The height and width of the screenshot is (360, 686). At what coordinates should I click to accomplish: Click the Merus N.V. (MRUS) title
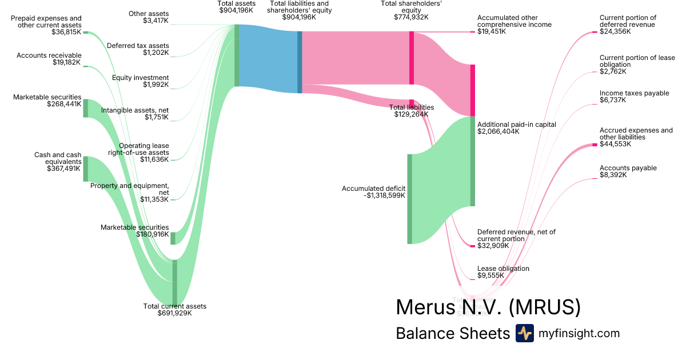[488, 307]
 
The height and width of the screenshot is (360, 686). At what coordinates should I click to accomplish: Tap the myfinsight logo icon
[524, 333]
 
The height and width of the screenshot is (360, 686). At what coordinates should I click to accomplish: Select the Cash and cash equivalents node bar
[86, 169]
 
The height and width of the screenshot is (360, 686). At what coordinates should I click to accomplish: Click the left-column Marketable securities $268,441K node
[86, 108]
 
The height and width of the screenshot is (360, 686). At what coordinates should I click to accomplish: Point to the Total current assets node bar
[175, 282]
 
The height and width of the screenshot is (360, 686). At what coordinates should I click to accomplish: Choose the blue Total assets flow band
[268, 59]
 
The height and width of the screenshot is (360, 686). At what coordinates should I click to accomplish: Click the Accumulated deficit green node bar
[409, 199]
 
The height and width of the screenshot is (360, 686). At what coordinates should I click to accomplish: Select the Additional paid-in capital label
[508, 125]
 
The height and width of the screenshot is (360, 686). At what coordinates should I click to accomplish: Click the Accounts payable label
[628, 168]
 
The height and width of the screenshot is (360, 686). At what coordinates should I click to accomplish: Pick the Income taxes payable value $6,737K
[613, 100]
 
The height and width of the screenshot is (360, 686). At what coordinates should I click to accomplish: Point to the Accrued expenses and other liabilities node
[595, 145]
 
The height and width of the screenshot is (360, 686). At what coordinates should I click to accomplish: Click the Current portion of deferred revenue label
[628, 21]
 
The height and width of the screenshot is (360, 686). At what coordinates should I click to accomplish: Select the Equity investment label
[140, 78]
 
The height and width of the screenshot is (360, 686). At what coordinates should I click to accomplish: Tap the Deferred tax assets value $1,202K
[156, 53]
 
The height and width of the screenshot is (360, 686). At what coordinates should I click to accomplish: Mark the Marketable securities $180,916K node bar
[173, 238]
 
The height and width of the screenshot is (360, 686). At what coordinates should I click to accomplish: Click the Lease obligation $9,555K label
[503, 269]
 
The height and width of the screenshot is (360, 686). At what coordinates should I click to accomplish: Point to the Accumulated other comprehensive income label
[514, 21]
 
